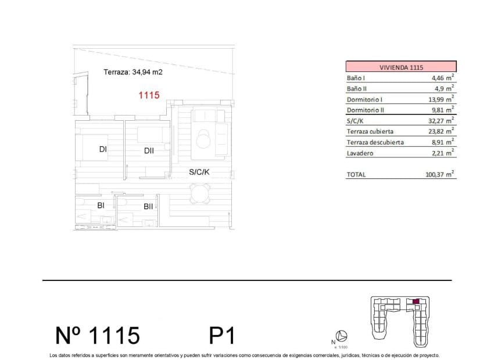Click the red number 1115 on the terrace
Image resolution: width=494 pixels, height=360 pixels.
tap(149, 95)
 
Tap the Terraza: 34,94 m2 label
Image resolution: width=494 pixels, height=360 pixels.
tap(133, 73)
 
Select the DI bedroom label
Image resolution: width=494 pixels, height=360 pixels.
tap(103, 149)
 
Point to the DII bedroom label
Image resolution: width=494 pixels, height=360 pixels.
tap(149, 151)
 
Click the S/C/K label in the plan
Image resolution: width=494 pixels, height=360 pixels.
tap(199, 172)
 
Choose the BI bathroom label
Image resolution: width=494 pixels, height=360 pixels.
tap(101, 205)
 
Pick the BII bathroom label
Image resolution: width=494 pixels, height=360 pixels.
tap(148, 206)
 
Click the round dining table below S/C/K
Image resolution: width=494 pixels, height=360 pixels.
tap(201, 193)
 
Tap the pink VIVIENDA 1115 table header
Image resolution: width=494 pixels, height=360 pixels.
tap(401, 67)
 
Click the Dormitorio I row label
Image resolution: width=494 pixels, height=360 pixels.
tap(365, 99)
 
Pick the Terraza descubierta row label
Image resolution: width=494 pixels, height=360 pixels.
tap(375, 142)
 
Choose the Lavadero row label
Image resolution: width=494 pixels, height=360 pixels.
tap(360, 153)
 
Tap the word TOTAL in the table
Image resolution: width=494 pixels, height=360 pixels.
tap(356, 175)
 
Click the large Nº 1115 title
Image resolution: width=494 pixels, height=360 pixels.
tap(98, 335)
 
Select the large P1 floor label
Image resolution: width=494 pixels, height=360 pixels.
tap(221, 335)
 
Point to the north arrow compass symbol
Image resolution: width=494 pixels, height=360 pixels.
tap(343, 335)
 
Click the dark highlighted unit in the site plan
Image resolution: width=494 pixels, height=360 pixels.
tap(415, 301)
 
